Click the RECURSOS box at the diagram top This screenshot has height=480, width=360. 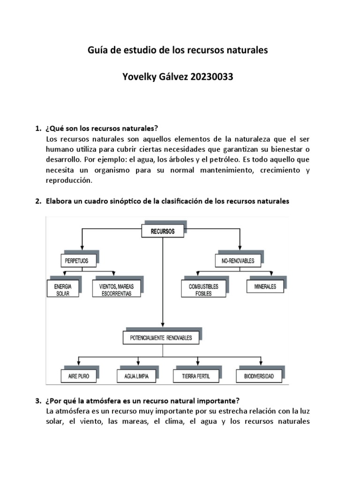click(163, 232)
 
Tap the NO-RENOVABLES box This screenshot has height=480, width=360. click(235, 260)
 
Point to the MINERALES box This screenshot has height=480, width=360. click(265, 286)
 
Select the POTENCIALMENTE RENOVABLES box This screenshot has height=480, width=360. click(161, 337)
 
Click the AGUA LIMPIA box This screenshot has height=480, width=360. click(136, 376)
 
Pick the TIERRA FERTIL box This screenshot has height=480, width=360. click(196, 376)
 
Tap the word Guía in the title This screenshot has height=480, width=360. click(97, 50)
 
